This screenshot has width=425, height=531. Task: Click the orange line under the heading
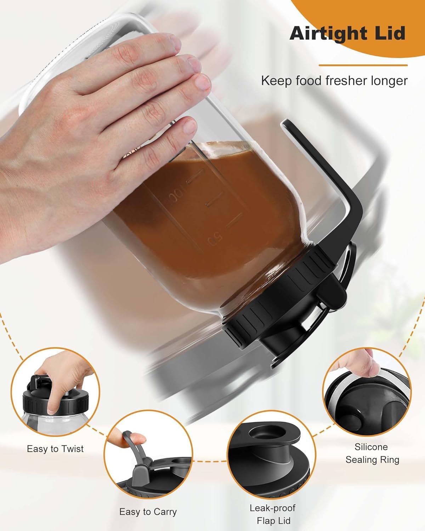[x=363, y=65]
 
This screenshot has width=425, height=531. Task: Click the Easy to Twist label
[x=55, y=449]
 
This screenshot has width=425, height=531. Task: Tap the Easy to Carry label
[x=148, y=512]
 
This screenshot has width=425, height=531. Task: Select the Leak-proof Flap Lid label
[x=272, y=514]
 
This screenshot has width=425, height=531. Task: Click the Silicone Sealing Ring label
[x=372, y=453]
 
